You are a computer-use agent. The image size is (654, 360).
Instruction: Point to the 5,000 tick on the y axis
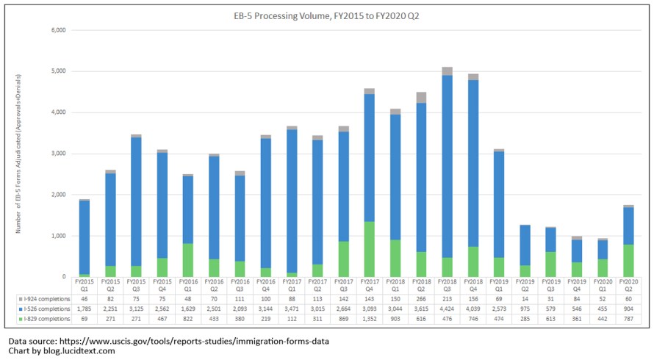pos(59,71)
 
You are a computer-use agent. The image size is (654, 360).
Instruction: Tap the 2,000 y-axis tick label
pos(59,195)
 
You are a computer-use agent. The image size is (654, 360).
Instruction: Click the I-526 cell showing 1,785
pos(84,310)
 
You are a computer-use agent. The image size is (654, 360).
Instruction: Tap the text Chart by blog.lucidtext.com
pos(62,351)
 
